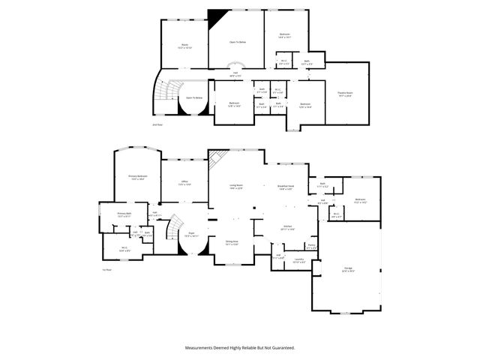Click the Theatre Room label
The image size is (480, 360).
345,93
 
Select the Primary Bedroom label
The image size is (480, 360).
137,177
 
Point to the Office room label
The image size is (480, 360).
184,181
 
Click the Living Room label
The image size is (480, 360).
235,186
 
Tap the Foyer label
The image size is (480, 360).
191,234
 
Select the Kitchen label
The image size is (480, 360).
287,227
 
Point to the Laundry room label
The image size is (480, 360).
298,260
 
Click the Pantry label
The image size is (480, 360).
311,244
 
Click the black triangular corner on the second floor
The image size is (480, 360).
217,15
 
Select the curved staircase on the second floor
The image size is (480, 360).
163,93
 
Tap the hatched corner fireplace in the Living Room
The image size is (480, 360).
216,157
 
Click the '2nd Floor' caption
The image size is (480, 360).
157,124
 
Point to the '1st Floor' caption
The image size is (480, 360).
106,269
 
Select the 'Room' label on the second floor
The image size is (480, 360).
184,45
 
